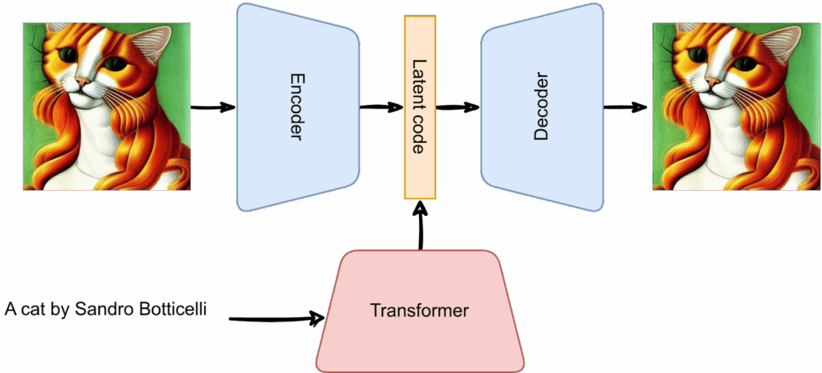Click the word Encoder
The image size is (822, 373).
click(x=296, y=107)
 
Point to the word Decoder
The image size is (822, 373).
click(x=541, y=107)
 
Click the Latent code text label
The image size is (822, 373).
click(x=419, y=107)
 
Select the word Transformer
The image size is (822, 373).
click(x=419, y=310)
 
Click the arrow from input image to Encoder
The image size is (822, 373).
click(x=213, y=107)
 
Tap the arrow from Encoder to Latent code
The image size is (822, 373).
click(x=381, y=107)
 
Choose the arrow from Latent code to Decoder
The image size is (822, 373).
click(x=458, y=107)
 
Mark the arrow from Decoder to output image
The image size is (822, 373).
click(x=626, y=107)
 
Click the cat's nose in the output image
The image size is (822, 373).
click(x=712, y=82)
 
